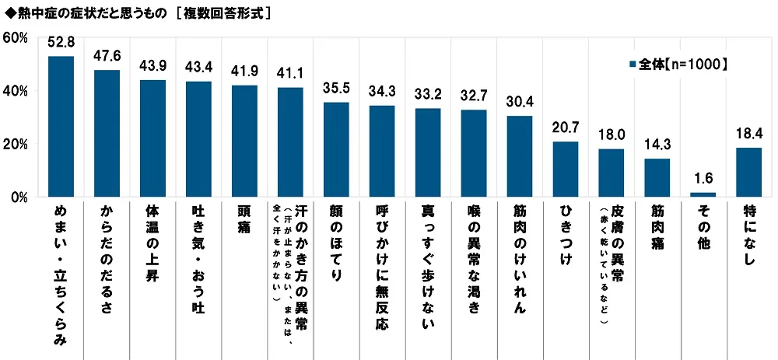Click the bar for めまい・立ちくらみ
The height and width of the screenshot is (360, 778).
61,126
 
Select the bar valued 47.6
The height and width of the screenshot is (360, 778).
107,133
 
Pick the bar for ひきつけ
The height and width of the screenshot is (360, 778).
566,169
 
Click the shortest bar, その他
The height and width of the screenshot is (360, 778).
703,194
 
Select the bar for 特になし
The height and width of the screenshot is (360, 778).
748,172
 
